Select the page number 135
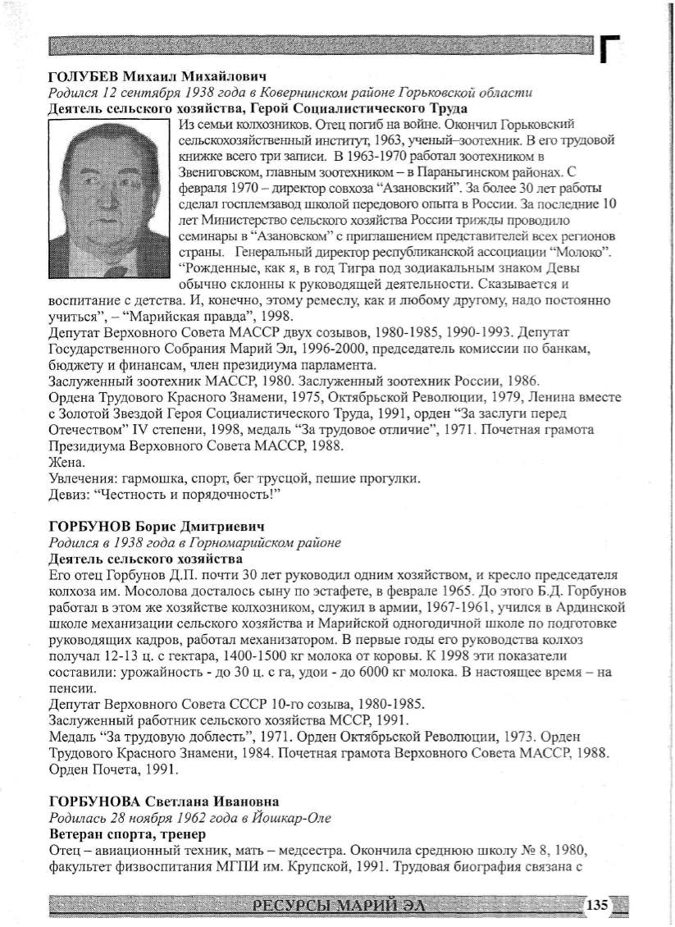597,905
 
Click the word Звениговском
221,170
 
